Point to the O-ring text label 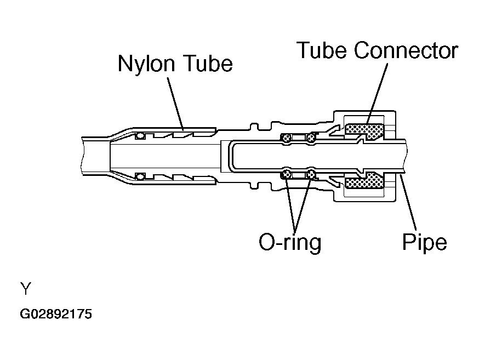pos(290,242)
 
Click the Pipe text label pos(425,242)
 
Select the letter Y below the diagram pos(25,288)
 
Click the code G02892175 pos(56,315)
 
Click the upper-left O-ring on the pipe pos(286,138)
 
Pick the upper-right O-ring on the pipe pos(311,138)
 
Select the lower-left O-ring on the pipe pos(286,174)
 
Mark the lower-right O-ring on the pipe pos(311,174)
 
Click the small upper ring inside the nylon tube pos(141,135)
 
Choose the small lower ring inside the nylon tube pos(141,176)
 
